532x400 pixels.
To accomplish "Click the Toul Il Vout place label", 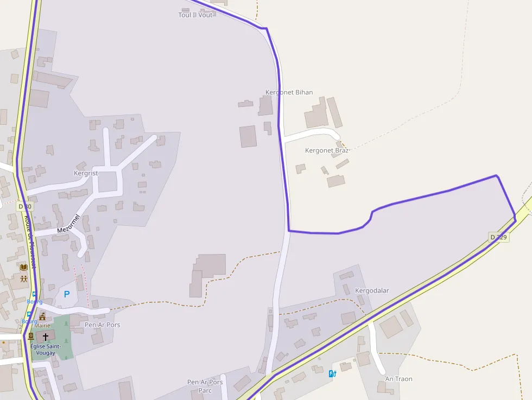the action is (195, 15).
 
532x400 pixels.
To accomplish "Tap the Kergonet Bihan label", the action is (289, 92).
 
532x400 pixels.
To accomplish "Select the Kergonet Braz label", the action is (326, 150).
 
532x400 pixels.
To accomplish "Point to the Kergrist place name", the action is (86, 173).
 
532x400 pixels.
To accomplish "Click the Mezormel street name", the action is (68, 224).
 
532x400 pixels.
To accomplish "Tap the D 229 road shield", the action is (498, 237).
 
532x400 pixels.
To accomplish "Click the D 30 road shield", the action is (25, 206).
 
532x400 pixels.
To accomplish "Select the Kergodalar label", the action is (372, 290).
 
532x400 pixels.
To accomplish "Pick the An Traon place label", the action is (398, 379).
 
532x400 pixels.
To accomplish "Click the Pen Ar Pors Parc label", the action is (205, 386).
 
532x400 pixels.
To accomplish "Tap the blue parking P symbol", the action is (67, 294).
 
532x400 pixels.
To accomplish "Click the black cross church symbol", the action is (46, 337).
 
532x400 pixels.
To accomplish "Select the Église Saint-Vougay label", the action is (46, 350).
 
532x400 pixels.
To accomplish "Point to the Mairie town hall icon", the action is (42, 316).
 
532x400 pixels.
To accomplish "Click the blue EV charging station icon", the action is (333, 373).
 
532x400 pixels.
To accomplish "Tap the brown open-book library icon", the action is (23, 267).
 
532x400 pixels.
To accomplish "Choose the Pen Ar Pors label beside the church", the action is (103, 325).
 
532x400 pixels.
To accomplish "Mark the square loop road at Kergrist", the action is (107, 181).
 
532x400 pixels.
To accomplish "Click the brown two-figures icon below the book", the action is (23, 278).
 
